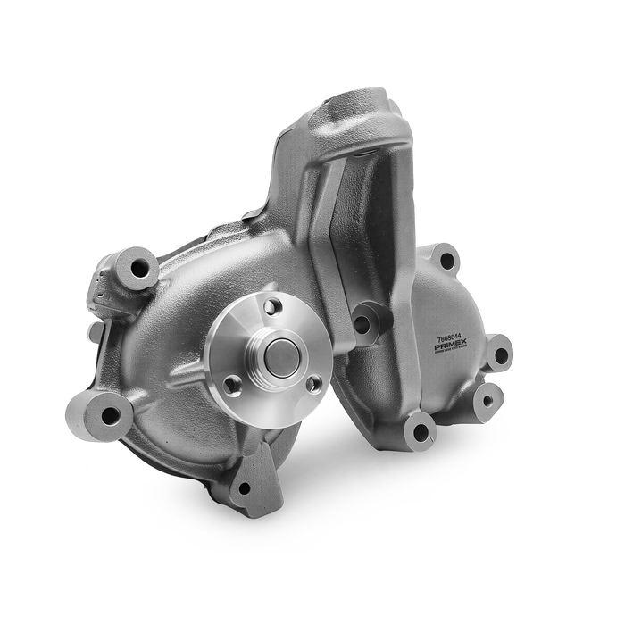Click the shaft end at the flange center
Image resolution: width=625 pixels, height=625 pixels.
click(282, 355)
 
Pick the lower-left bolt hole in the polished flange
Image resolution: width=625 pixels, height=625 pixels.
click(232, 385)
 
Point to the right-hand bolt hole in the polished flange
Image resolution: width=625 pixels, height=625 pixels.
click(313, 385)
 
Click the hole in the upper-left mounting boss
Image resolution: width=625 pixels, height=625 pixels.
click(140, 267)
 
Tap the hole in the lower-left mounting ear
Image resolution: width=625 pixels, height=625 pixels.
click(109, 414)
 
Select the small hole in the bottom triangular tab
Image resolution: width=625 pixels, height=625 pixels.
click(244, 487)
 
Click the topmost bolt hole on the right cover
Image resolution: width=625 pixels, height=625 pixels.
click(446, 262)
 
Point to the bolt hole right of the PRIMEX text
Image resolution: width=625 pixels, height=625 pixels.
click(501, 354)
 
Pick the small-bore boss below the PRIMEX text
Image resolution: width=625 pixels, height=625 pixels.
click(487, 400)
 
